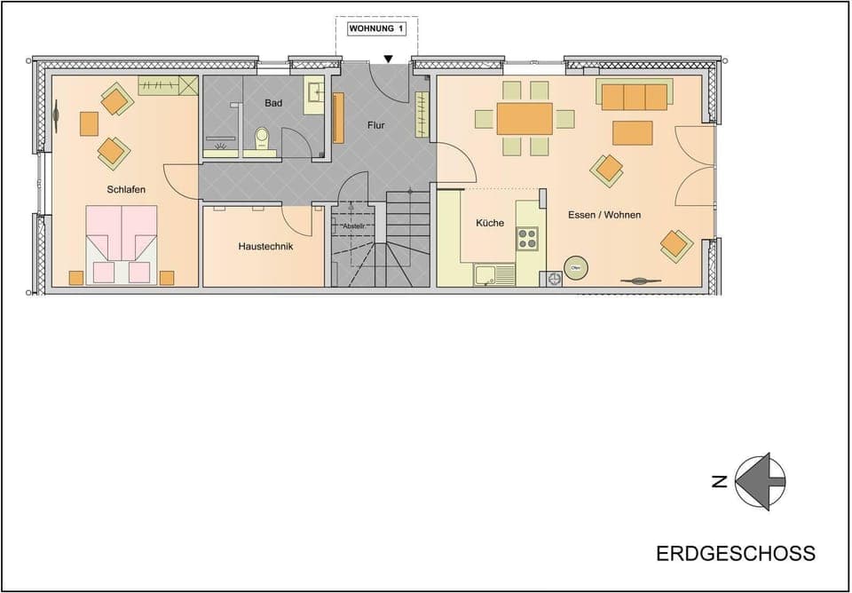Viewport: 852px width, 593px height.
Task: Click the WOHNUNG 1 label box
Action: coord(376,28)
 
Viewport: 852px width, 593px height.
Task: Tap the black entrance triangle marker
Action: coord(388,59)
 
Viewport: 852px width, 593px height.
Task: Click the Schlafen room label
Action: coord(126,189)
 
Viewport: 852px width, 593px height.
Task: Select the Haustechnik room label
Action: coord(265,246)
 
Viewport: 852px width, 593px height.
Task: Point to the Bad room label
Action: coord(273,103)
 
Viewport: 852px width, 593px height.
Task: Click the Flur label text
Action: coord(376,125)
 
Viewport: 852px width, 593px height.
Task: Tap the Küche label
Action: coord(490,223)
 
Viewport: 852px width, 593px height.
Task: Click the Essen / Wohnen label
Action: coord(604,215)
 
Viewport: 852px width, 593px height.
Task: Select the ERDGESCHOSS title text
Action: coord(736,553)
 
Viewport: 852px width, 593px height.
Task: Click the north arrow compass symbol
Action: coord(759,482)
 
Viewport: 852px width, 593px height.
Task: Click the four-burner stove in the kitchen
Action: coord(528,237)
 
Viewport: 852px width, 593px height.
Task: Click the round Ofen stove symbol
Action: coord(576,268)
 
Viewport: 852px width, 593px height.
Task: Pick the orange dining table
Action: coord(525,118)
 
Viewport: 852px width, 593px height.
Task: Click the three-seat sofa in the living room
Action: coord(634,96)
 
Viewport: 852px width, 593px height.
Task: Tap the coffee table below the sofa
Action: coord(633,132)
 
